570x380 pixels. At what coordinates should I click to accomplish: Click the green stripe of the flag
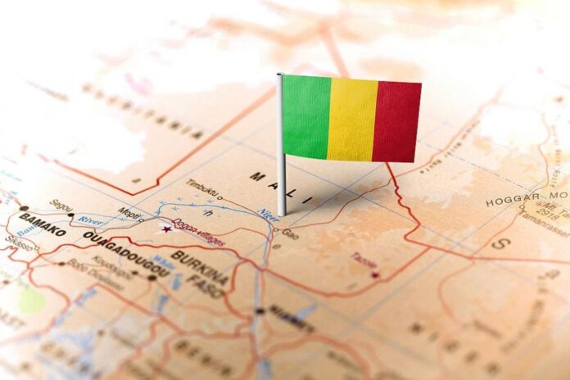click(x=305, y=116)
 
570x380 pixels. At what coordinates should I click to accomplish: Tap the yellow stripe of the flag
click(x=351, y=120)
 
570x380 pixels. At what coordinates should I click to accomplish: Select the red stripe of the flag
click(x=397, y=121)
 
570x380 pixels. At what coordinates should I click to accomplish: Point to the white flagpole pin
click(x=281, y=164)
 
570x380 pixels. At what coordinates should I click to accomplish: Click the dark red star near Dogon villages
click(x=170, y=227)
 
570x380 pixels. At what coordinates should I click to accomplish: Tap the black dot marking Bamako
click(x=25, y=209)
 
